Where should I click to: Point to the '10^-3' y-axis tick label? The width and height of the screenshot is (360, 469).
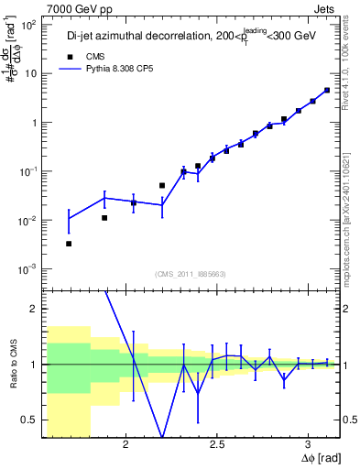tap(27, 269)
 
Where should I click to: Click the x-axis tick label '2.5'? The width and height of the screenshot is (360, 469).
tap(216, 445)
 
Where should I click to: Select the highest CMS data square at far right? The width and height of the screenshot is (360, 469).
tap(327, 90)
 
